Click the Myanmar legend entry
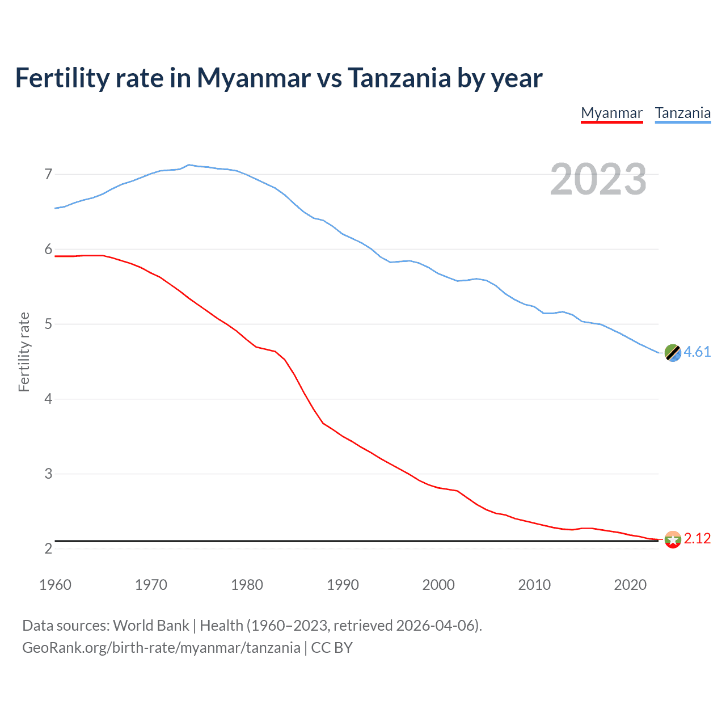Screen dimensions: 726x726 point(611,113)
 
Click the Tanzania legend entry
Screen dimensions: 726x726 point(682,113)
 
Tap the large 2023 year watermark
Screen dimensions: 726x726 point(598,179)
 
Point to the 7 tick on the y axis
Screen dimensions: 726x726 point(48,174)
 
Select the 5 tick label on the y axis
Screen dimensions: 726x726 point(48,324)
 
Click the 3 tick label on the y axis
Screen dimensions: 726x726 point(48,474)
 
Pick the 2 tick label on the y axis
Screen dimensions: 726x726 point(48,548)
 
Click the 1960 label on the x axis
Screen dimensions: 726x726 point(55,585)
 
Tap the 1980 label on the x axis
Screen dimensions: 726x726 point(247,585)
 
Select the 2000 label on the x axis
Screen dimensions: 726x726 point(438,585)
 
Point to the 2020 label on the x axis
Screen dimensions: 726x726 point(630,585)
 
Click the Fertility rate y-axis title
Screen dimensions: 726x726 point(24,352)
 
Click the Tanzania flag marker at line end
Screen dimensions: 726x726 point(672,353)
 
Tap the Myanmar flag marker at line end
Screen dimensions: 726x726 point(672,539)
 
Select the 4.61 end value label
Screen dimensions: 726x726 point(697,352)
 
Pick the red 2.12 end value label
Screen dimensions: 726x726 point(697,538)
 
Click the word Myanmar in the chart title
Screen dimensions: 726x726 point(254,78)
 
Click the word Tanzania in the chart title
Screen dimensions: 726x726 point(399,78)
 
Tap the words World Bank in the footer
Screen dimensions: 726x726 point(151,626)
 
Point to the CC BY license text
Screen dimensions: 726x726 point(332,648)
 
